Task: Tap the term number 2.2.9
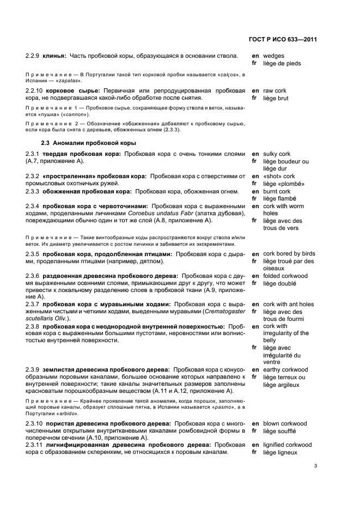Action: coord(34,56)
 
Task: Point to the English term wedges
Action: coord(273,56)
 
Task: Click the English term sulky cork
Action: coord(277,154)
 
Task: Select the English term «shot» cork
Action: coord(279,177)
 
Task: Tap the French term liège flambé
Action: coord(279,199)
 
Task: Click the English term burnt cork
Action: coord(277,192)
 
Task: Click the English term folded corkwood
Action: coord(285,276)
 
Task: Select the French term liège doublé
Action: coord(279,284)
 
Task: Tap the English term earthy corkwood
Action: coord(285,369)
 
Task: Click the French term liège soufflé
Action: coord(279,431)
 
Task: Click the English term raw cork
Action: coord(274,90)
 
